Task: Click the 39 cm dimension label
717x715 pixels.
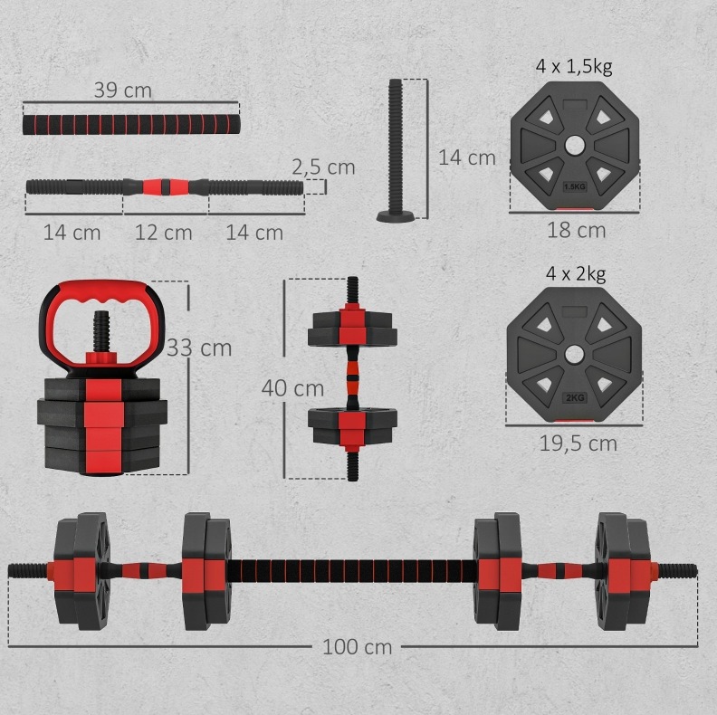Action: [x=122, y=91]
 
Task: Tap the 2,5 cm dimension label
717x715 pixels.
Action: [x=324, y=167]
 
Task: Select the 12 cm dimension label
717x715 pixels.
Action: [x=163, y=233]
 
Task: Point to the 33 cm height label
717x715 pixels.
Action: [x=199, y=348]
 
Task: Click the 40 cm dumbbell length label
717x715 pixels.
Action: [x=292, y=388]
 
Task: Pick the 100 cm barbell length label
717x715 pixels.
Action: [x=357, y=647]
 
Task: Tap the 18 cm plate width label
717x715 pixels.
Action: [x=576, y=230]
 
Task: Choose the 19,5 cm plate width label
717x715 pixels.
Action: [x=578, y=443]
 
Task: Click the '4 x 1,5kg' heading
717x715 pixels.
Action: [x=574, y=66]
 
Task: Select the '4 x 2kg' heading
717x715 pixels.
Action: [x=576, y=273]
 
